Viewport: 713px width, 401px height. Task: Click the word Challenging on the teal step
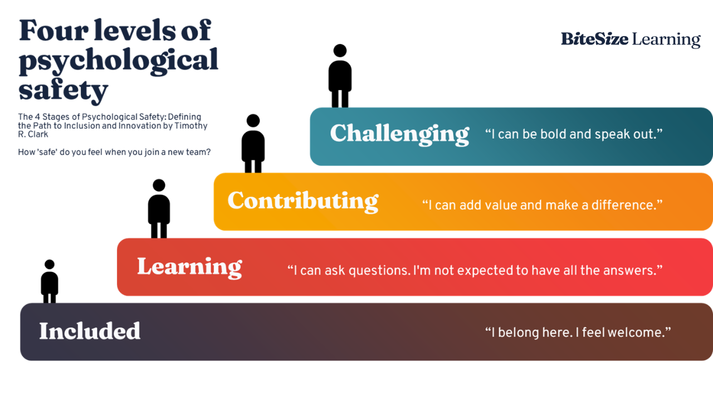399,134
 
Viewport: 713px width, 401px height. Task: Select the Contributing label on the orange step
302,201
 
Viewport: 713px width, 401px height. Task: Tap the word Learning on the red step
189,267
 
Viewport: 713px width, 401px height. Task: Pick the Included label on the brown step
90,331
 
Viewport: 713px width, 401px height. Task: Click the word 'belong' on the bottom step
518,332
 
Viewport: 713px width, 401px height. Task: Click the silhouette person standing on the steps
252,139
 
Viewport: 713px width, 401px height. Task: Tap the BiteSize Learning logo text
629,39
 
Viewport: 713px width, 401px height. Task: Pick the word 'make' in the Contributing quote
561,205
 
